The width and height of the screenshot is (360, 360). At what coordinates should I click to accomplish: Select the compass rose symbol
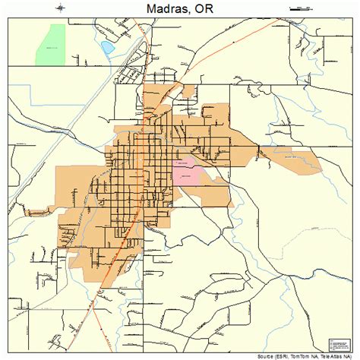61,8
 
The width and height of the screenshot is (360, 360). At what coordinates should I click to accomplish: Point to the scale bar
301,8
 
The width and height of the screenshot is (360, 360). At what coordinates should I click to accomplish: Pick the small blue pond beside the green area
107,48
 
